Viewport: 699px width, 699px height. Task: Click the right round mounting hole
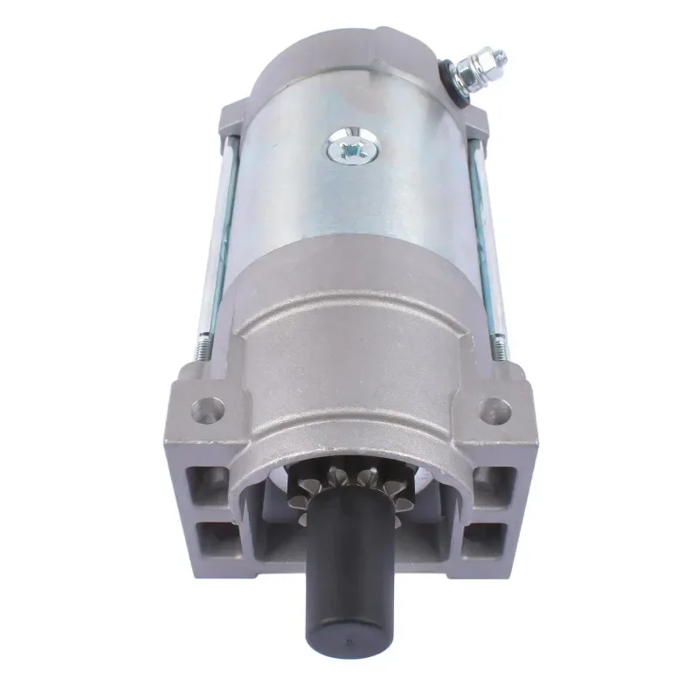pyautogui.click(x=494, y=407)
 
